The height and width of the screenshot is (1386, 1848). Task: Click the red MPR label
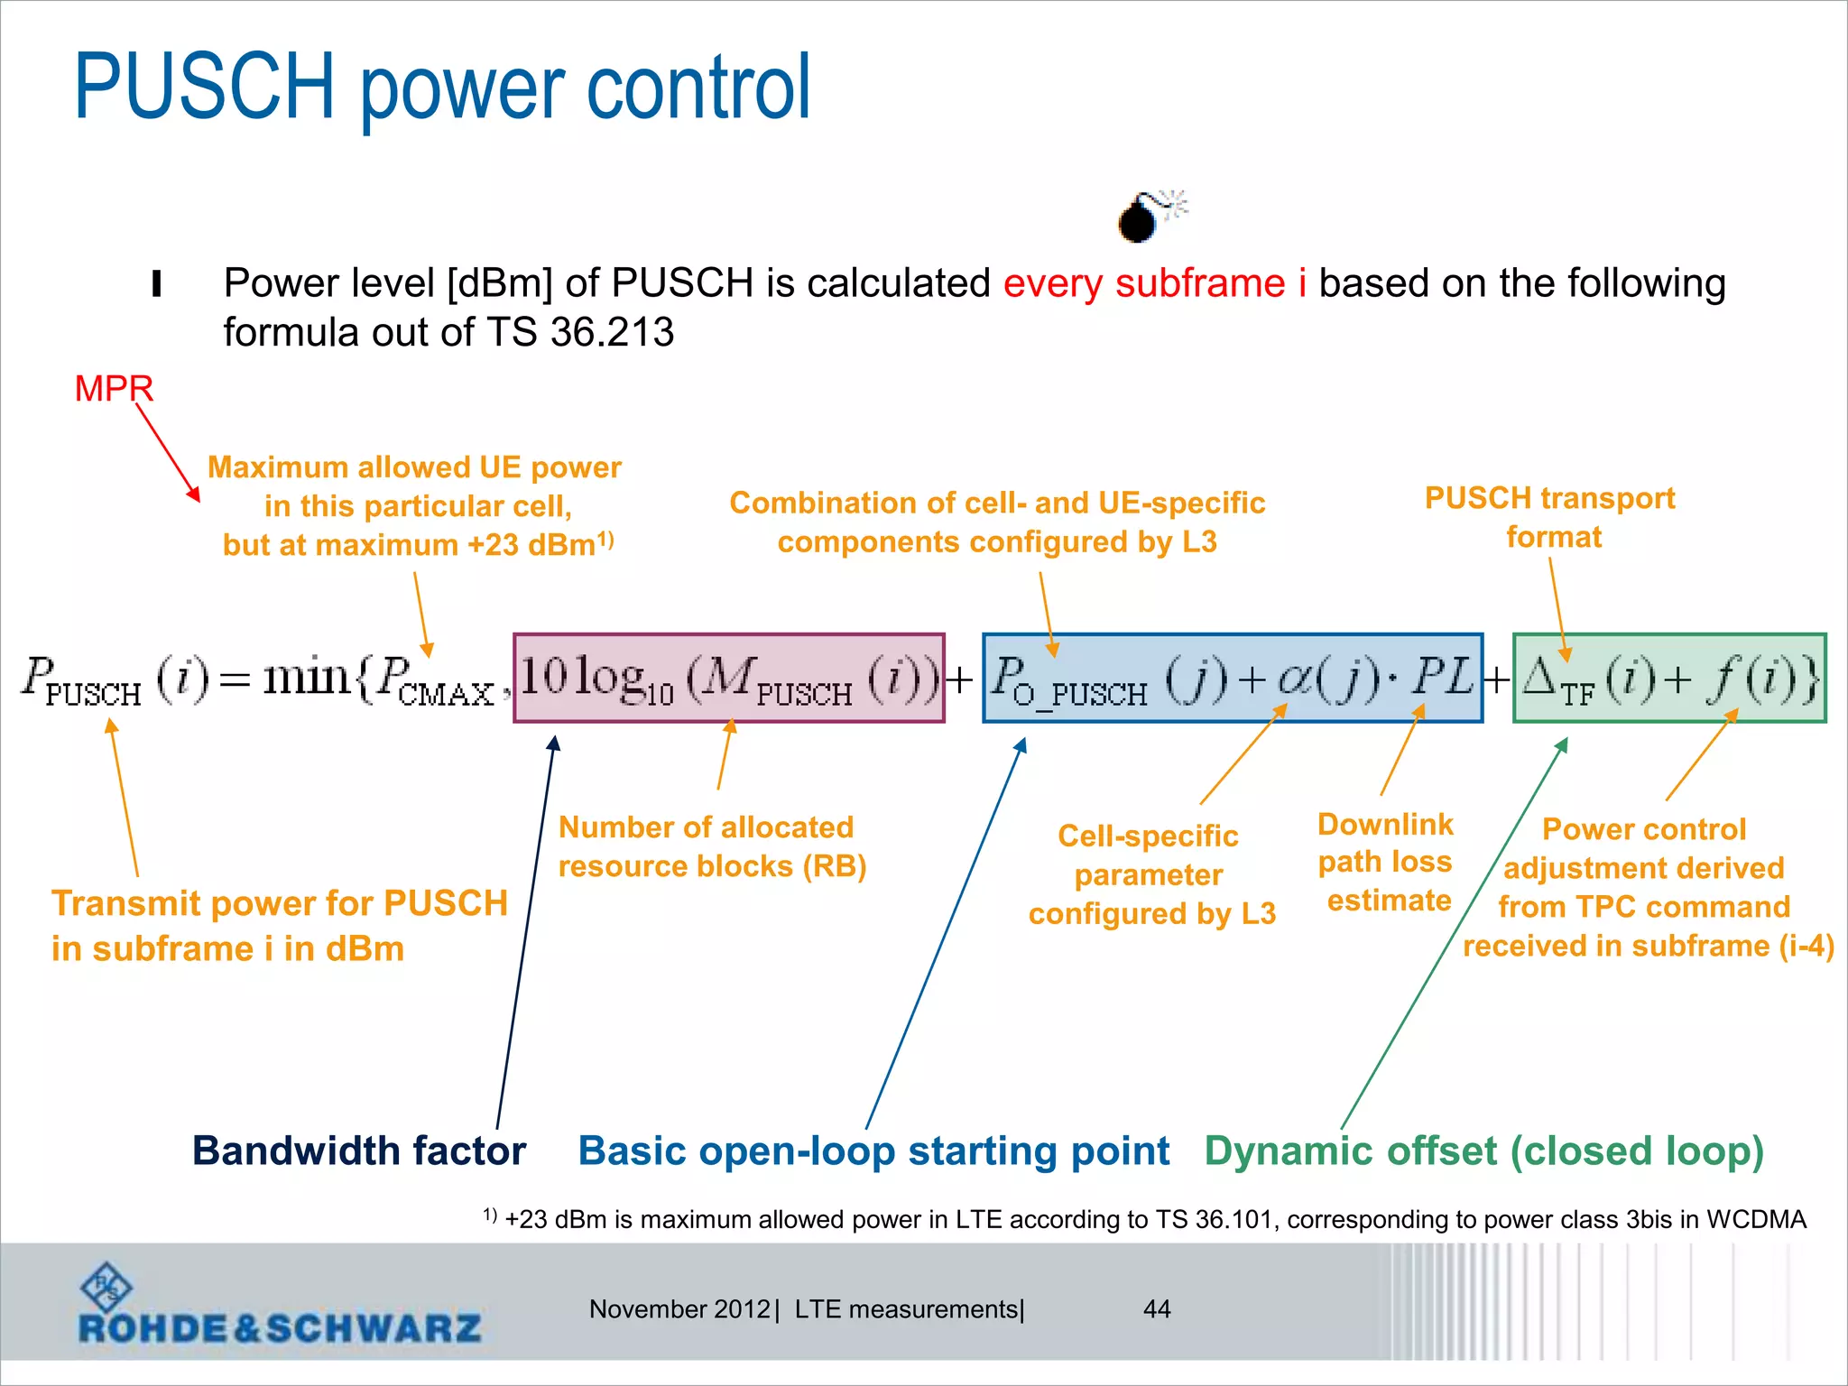tap(114, 389)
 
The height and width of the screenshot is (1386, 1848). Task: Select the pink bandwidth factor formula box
tap(728, 678)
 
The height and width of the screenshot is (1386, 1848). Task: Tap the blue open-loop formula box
tap(1232, 678)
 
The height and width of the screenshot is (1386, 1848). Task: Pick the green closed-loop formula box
tap(1669, 678)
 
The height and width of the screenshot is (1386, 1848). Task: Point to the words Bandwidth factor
tap(359, 1151)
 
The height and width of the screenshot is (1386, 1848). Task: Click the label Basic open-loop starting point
tap(873, 1151)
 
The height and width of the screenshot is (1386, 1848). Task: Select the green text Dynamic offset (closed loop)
tap(1483, 1151)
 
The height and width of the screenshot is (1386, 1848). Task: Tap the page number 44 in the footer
tap(1157, 1309)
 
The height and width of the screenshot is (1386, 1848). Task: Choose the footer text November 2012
tap(679, 1309)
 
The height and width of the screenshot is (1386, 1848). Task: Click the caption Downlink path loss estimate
tap(1386, 862)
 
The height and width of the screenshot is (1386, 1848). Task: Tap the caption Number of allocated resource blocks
tap(711, 846)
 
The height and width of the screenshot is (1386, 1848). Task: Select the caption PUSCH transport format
tap(1549, 517)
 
